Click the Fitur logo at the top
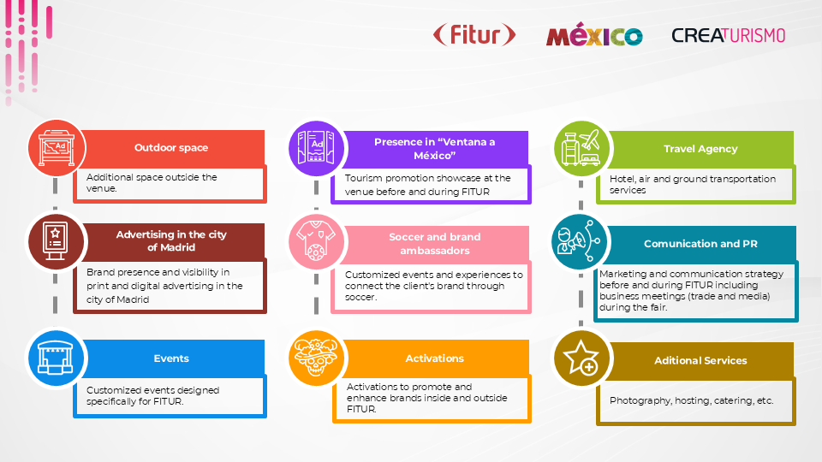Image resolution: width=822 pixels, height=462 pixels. tap(474, 35)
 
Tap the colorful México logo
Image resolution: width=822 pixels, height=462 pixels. tap(594, 36)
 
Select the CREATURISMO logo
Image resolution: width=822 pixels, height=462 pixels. tap(728, 35)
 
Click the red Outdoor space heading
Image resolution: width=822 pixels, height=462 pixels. tap(171, 148)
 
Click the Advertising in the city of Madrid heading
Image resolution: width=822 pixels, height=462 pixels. tap(171, 240)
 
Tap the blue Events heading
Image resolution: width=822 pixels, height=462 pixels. tap(171, 358)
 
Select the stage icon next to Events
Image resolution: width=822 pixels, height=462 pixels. tap(57, 358)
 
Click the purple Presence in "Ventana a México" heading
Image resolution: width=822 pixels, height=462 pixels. tap(434, 148)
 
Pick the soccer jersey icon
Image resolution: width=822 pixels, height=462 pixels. tap(316, 240)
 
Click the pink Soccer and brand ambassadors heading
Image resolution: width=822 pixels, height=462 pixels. tap(434, 244)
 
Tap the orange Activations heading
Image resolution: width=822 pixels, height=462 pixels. tap(434, 358)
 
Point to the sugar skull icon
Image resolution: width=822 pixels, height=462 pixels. tap(316, 358)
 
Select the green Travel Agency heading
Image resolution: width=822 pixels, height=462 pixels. tap(700, 149)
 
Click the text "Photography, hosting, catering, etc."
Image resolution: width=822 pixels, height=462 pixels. tap(691, 400)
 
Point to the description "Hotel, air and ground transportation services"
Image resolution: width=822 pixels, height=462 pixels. tap(693, 184)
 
